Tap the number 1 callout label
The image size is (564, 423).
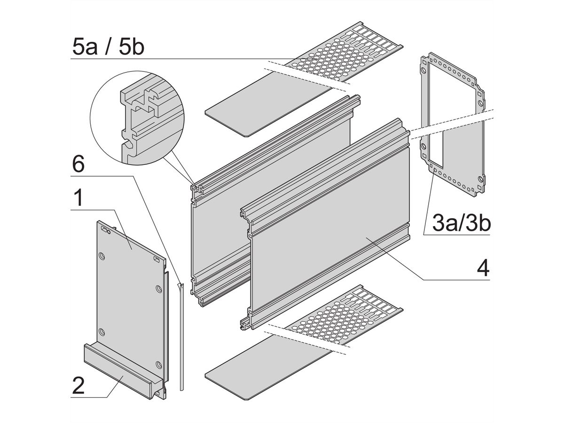78,198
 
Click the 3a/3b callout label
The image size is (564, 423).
461,223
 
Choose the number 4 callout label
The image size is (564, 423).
483,268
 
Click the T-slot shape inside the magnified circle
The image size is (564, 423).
141,101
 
